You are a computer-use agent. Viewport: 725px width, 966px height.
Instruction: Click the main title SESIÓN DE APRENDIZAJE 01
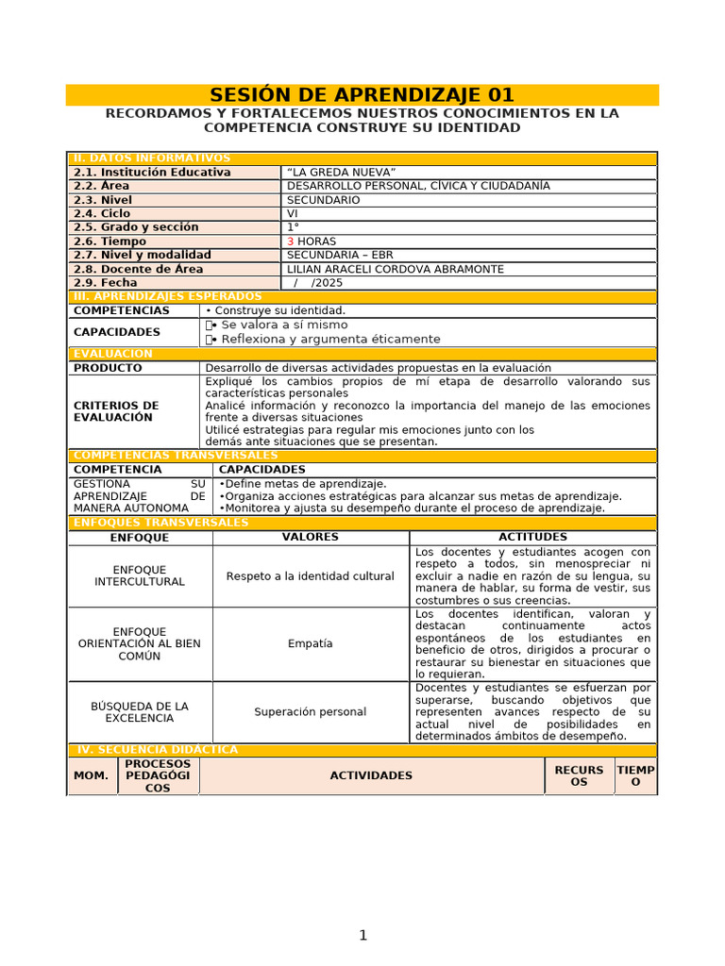(x=362, y=95)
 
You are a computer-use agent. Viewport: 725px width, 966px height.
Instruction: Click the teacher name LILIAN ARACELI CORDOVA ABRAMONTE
(x=395, y=269)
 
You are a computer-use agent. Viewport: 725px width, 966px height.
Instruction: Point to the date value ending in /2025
(x=318, y=283)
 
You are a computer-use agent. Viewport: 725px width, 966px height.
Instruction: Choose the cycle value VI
(x=293, y=214)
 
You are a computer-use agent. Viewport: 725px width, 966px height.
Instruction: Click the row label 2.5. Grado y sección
(x=136, y=227)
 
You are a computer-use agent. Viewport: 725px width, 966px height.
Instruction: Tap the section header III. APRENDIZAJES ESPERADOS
(x=167, y=296)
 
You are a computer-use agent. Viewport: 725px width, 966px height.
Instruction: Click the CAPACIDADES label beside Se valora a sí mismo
(x=116, y=332)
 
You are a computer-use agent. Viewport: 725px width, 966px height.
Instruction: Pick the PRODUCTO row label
(x=108, y=368)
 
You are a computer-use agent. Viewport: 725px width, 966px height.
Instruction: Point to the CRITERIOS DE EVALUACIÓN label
(x=116, y=411)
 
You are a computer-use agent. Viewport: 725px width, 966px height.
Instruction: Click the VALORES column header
(x=311, y=537)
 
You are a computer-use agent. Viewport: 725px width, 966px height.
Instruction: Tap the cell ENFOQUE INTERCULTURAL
(x=140, y=576)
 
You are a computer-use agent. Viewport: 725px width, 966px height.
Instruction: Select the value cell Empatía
(x=311, y=644)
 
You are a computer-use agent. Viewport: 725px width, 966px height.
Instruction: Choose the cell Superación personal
(x=311, y=712)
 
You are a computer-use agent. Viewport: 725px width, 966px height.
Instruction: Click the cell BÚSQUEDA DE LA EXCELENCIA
(x=140, y=712)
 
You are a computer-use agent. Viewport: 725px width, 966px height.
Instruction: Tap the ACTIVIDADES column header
(x=371, y=775)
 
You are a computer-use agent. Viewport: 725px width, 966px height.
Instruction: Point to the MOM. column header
(x=92, y=775)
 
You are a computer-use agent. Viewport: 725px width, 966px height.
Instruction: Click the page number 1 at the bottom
(x=362, y=936)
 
